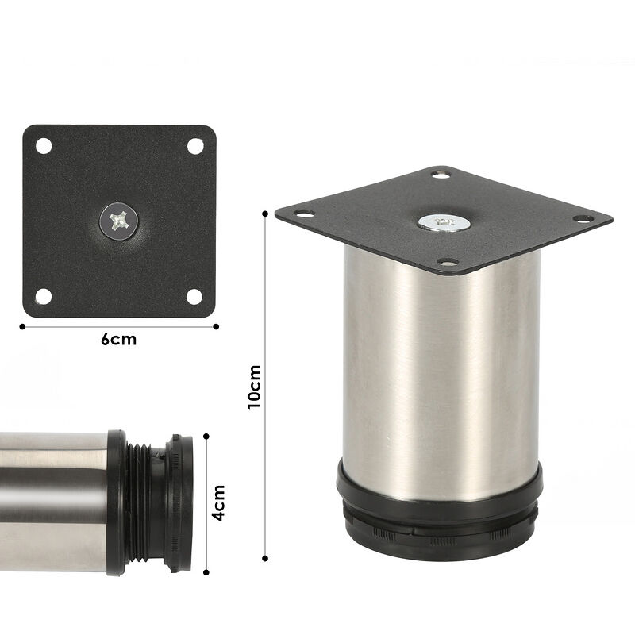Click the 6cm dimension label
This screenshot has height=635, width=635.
tap(118, 340)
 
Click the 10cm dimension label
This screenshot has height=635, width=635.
tap(254, 387)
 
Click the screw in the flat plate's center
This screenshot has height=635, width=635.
tap(120, 220)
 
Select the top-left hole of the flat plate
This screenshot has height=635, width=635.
tap(44, 147)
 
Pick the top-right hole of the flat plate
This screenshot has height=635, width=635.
tap(195, 147)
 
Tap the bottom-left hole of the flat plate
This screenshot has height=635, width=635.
tap(44, 296)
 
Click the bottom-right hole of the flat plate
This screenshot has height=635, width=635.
tap(195, 296)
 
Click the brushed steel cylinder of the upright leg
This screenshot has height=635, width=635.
tap(441, 373)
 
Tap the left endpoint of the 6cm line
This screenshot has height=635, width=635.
tap(21, 325)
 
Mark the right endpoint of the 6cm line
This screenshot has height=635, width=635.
tap(217, 325)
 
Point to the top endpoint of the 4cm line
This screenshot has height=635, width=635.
tap(206, 434)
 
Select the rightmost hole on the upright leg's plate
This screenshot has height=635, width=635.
tap(581, 218)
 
